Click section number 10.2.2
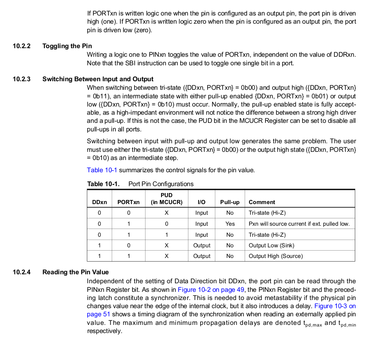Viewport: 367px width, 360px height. point(22,46)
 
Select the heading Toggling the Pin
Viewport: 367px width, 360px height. point(67,46)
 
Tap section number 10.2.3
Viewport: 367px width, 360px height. point(22,79)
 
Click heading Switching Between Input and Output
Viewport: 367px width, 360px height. point(98,79)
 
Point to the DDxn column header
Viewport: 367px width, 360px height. point(99,202)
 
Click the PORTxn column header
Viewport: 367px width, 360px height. point(128,202)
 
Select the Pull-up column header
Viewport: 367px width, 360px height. point(230,202)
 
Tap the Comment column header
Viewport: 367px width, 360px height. point(262,202)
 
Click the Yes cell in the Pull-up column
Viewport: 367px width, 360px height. point(230,224)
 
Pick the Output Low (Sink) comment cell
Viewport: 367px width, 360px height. point(271,245)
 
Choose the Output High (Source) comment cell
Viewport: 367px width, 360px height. point(276,256)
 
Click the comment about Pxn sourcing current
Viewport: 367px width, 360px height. point(299,224)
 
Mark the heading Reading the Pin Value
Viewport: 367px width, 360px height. point(75,272)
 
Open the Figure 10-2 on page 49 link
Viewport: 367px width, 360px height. point(211,289)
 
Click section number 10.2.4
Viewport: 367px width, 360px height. point(22,272)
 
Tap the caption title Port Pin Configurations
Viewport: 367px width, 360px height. point(161,184)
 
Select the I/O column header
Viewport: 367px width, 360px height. point(201,202)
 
